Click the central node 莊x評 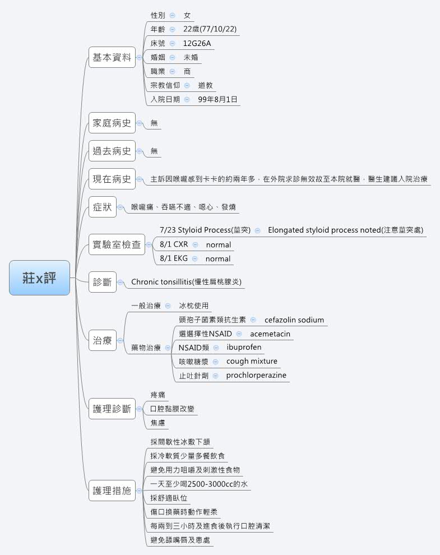39,278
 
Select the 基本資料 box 112,57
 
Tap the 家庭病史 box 112,123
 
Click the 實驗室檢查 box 117,245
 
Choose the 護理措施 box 112,491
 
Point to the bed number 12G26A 197,43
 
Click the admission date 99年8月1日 218,99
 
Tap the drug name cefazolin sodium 294,320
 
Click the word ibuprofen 244,347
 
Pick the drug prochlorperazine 256,375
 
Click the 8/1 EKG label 174,258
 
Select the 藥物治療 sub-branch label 146,348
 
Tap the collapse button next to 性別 172,15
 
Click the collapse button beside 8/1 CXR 194,244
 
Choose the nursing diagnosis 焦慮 158,423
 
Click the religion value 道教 206,85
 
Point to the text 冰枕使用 193,306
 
